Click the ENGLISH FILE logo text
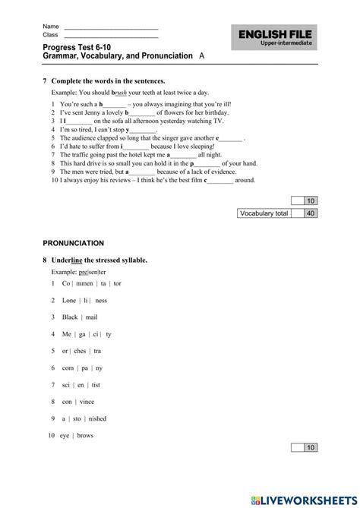[275, 35]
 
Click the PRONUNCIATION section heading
[74, 243]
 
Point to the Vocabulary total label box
[264, 214]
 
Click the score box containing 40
[310, 214]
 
